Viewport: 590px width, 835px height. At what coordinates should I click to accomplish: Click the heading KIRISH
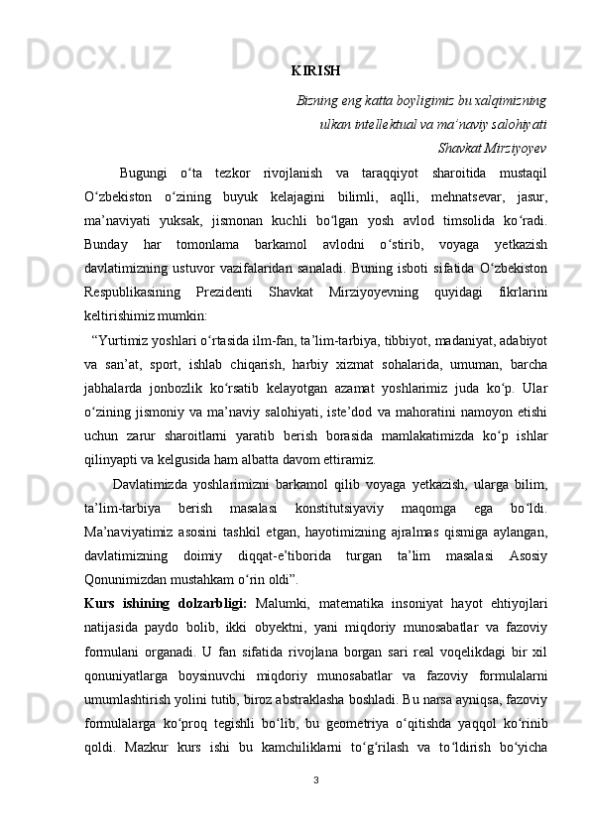316,70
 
